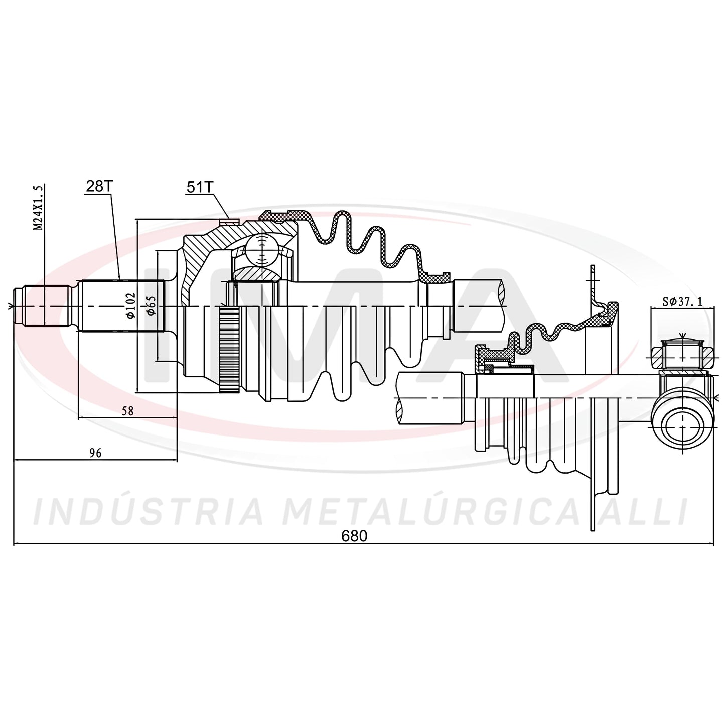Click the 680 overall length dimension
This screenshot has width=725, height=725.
coord(354,536)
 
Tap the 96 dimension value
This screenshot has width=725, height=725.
coord(95,453)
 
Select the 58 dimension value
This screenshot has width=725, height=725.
coord(128,411)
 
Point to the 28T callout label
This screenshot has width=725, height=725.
coord(100,186)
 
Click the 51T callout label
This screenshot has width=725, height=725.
coord(199,187)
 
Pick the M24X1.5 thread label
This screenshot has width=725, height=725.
coord(38,208)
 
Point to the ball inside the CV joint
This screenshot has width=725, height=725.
coord(262,250)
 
